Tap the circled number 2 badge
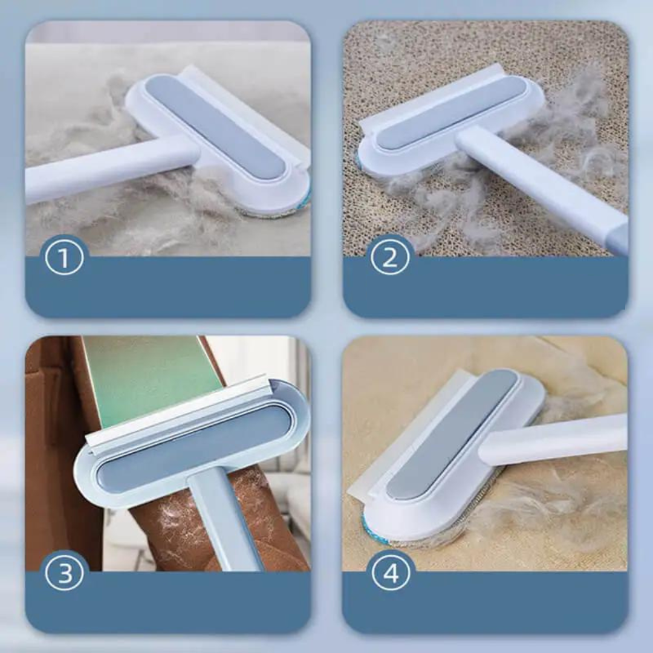point(390,259)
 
